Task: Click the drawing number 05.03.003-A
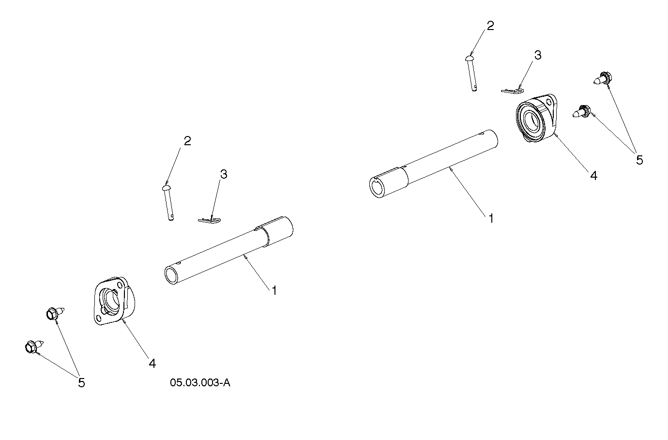(200, 383)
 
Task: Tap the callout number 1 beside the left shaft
(274, 290)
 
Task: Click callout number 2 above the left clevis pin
(187, 141)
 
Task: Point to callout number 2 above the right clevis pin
(490, 26)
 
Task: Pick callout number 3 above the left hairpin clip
(224, 174)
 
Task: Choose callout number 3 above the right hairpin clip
(538, 55)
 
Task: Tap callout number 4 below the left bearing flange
(152, 364)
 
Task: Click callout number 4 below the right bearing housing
(594, 176)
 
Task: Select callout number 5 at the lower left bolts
(81, 383)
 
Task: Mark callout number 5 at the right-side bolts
(639, 160)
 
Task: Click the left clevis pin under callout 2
(168, 203)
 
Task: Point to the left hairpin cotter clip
(209, 220)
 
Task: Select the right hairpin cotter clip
(512, 91)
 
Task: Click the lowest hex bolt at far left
(34, 347)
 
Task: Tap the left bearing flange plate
(114, 301)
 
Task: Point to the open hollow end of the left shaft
(171, 275)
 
